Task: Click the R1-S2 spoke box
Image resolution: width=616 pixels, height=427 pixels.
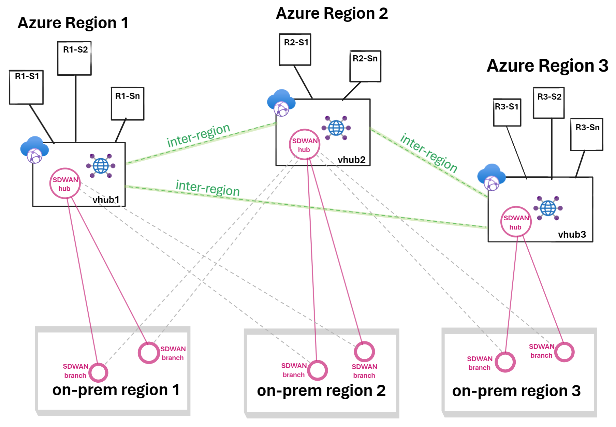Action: coord(74,58)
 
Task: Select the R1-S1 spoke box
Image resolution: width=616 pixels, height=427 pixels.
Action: coord(26,87)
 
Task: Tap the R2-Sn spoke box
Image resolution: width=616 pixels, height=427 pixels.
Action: coord(365,67)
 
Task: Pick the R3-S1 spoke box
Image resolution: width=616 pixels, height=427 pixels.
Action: coord(507,113)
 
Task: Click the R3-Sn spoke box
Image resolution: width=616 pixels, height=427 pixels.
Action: coord(587,134)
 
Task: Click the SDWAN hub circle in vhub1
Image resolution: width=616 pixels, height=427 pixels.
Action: coord(65,183)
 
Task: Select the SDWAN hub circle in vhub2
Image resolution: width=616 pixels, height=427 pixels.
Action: coord(305,145)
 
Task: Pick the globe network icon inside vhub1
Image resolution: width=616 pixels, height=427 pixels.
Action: coord(101,166)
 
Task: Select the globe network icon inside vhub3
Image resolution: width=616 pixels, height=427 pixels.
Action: coord(548,208)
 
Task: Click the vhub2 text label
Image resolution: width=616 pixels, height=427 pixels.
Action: coord(351,160)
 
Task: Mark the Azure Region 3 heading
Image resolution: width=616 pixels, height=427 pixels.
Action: coord(547,65)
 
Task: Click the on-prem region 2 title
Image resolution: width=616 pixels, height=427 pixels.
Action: coord(321,391)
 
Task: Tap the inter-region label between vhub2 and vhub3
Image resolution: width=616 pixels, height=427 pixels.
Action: coord(428,153)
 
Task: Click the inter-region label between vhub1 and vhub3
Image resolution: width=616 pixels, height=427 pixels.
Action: coord(207,188)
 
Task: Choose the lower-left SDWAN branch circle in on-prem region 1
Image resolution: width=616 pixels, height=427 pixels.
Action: coord(99,372)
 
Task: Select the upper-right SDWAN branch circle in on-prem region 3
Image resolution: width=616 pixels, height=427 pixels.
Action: coord(564,352)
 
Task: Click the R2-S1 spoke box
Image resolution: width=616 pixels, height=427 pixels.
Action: coord(295,49)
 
